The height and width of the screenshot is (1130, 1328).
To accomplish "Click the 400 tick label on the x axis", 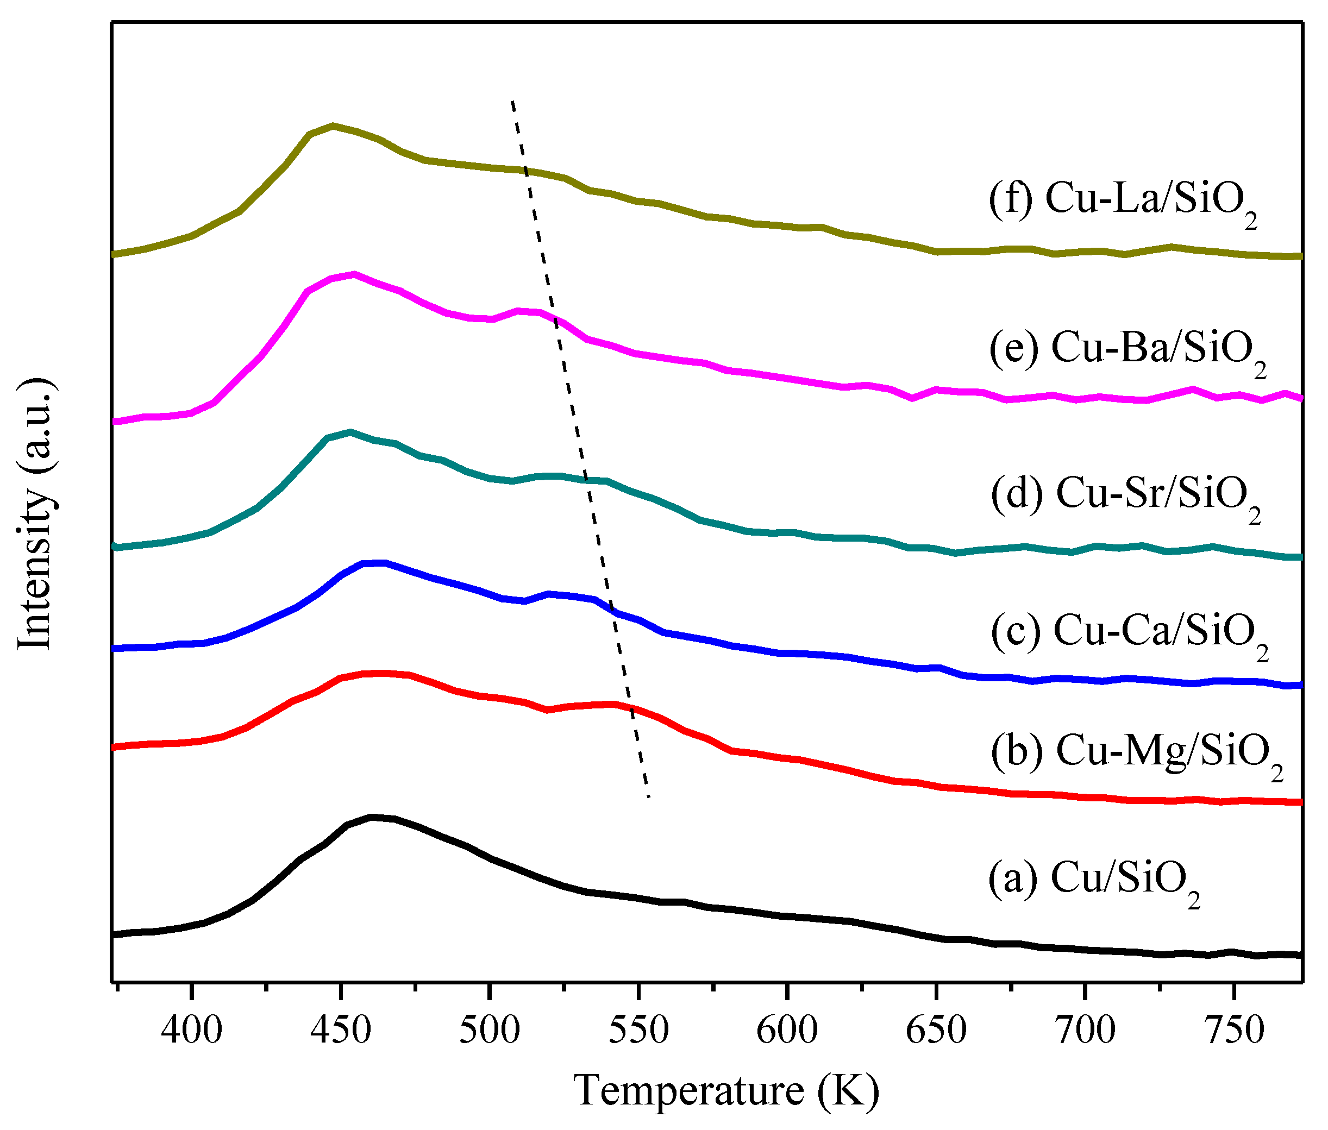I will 191,1029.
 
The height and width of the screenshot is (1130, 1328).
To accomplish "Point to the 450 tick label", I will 340,1029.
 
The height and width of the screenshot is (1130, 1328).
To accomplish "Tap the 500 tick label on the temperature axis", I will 490,1029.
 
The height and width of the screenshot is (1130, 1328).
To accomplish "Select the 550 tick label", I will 638,1029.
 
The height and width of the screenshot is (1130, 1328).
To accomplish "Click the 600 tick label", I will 787,1029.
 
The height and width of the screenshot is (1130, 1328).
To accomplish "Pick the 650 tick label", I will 936,1029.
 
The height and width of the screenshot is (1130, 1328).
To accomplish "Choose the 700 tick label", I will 1085,1029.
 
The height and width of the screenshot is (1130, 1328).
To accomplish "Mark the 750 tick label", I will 1234,1029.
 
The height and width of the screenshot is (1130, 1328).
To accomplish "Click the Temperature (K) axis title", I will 726,1090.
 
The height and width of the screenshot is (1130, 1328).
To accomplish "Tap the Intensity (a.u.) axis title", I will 35,513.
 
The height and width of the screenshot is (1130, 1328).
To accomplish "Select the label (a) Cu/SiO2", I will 1093,878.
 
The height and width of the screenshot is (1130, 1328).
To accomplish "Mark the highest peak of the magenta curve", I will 354,274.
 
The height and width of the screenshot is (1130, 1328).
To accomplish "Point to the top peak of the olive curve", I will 333,125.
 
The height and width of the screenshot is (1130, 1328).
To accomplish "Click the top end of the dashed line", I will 512,101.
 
